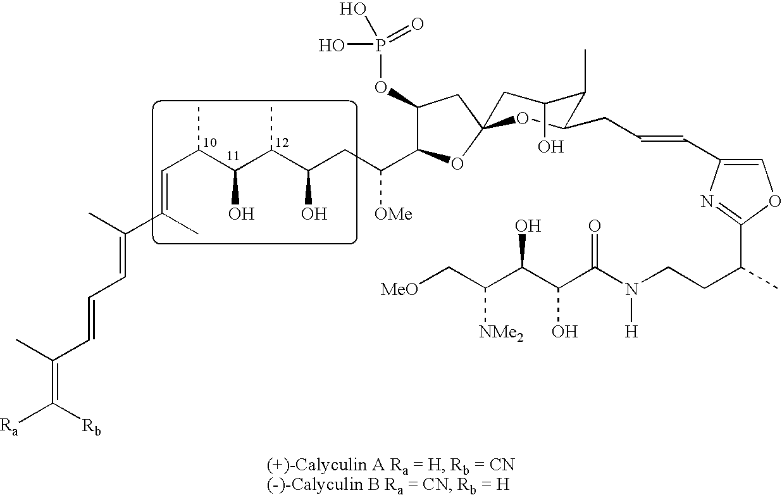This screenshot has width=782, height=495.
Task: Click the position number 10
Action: click(x=210, y=141)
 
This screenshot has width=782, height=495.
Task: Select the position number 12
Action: click(x=282, y=141)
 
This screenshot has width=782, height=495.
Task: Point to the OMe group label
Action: click(x=393, y=214)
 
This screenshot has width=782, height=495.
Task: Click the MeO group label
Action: click(x=399, y=289)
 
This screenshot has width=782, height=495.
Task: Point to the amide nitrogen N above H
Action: click(x=630, y=289)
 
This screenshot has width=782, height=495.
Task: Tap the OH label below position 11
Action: click(x=241, y=213)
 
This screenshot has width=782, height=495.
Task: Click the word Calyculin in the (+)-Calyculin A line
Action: click(x=323, y=465)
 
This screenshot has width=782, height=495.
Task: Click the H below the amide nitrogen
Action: click(x=630, y=331)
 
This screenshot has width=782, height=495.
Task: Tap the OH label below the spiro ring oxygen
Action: click(x=550, y=147)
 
